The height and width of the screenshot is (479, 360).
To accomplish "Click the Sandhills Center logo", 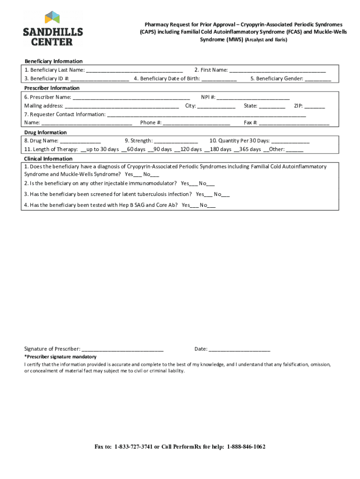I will coord(53,29).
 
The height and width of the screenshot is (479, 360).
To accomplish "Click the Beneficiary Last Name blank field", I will coord(134,71).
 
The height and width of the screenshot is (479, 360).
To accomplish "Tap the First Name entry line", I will coord(277,71).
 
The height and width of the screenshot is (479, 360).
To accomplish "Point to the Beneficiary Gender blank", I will coord(318,79).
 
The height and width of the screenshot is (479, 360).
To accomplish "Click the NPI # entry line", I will coord(253,98).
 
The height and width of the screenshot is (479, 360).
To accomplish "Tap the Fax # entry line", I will coord(294,123).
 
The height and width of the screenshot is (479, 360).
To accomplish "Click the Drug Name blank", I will coord(80,141).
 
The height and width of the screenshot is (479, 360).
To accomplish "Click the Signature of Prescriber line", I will coord(122,349).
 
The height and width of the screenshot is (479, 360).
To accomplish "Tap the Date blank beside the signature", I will coord(239,349).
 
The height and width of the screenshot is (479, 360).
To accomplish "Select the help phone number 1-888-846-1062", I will coord(246,447).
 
